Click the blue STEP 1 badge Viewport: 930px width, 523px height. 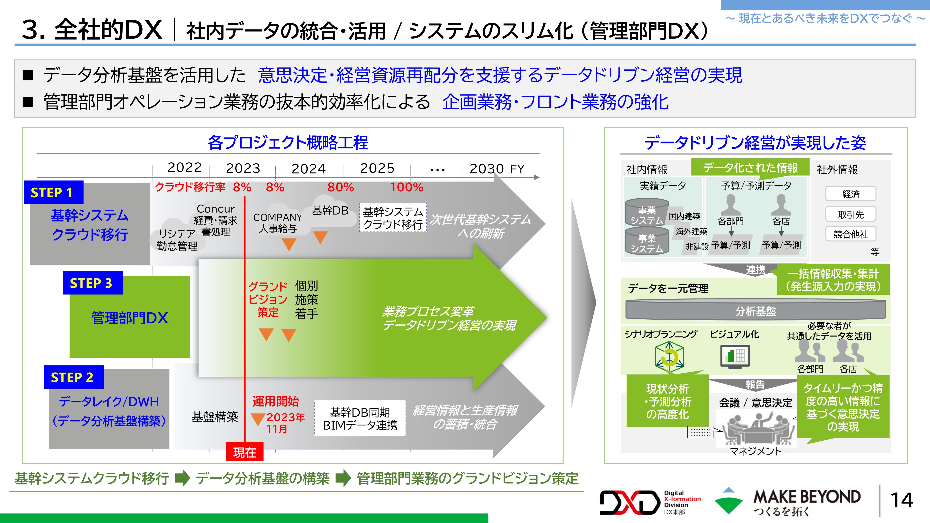(x=53, y=192)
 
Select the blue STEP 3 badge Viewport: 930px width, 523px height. (x=93, y=283)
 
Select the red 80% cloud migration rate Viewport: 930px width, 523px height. (x=340, y=187)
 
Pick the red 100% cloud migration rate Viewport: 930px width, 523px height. (x=406, y=187)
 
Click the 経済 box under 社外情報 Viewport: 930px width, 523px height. (x=850, y=194)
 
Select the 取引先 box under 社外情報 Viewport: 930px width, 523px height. (x=850, y=214)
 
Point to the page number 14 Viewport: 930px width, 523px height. (x=901, y=500)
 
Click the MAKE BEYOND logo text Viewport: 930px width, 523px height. (x=807, y=497)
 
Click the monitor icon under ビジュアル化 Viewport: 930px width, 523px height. (x=735, y=357)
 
